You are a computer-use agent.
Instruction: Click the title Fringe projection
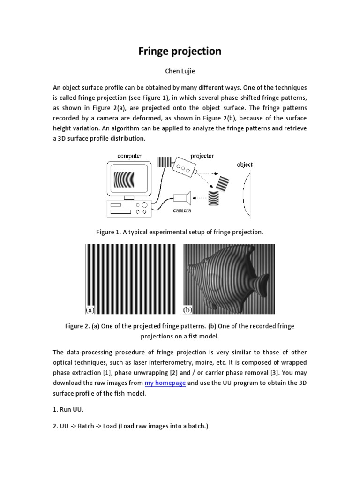tap(180, 52)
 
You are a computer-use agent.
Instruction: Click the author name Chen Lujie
tap(180, 72)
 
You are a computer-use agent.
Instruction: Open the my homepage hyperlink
tap(165, 383)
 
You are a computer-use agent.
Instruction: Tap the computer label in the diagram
tap(129, 156)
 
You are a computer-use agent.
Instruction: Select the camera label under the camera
tap(182, 210)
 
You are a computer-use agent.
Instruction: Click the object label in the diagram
tap(245, 165)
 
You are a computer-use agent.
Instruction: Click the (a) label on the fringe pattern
tap(90, 310)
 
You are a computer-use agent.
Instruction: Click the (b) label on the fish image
tap(187, 310)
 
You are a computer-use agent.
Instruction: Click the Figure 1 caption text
tap(180, 232)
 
